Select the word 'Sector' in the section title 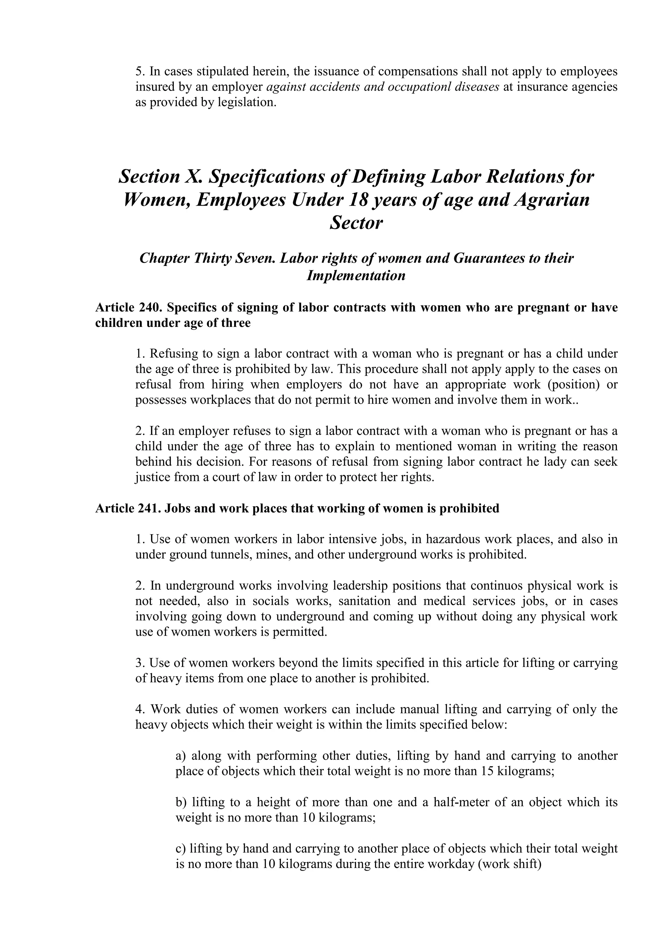click(x=356, y=223)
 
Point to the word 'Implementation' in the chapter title click(x=356, y=275)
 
